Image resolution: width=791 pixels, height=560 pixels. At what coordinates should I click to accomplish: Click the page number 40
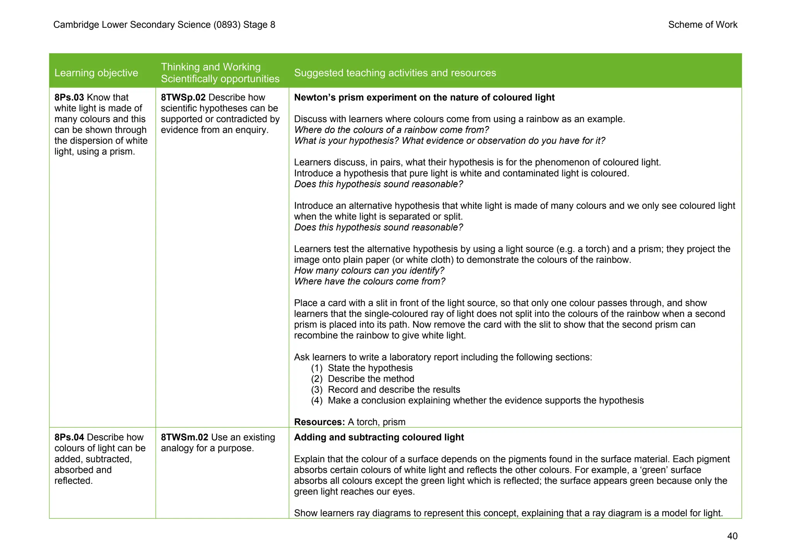pyautogui.click(x=732, y=536)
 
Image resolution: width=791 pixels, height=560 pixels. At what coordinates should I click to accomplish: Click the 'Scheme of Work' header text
pyautogui.click(x=703, y=25)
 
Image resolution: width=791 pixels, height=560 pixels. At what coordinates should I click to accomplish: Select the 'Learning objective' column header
pyautogui.click(x=96, y=73)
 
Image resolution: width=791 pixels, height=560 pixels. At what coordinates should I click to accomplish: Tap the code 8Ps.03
pyautogui.click(x=69, y=97)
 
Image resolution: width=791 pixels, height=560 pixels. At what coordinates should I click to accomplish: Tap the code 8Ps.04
pyautogui.click(x=69, y=437)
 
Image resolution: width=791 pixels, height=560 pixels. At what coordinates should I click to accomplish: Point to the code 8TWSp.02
pyautogui.click(x=183, y=97)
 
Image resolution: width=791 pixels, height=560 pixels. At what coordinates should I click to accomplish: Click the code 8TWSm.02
pyautogui.click(x=184, y=437)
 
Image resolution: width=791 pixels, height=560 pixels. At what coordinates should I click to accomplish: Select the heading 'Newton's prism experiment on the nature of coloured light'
pyautogui.click(x=424, y=97)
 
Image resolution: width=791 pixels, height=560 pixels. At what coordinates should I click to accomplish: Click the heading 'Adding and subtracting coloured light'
pyautogui.click(x=379, y=437)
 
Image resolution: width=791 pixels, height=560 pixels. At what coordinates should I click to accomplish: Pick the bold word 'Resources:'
pyautogui.click(x=319, y=422)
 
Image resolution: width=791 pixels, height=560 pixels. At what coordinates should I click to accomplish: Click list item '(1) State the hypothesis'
pyautogui.click(x=362, y=368)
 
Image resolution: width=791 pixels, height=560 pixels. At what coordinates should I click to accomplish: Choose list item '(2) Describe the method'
pyautogui.click(x=363, y=379)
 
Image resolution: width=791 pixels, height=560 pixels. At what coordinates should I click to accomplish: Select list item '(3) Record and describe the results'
pyautogui.click(x=385, y=390)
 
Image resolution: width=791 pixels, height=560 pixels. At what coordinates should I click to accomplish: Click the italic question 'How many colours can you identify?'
pyautogui.click(x=369, y=271)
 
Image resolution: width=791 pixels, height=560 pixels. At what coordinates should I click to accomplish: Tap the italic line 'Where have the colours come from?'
pyautogui.click(x=370, y=282)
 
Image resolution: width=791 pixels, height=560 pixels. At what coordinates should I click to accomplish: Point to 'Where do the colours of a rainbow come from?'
pyautogui.click(x=391, y=130)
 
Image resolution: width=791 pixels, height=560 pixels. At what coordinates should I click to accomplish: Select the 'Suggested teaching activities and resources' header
pyautogui.click(x=395, y=73)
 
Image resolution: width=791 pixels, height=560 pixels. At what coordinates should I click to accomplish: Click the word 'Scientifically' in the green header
pyautogui.click(x=188, y=79)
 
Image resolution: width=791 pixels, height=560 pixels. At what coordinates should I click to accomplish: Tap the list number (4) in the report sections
pyautogui.click(x=317, y=401)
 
